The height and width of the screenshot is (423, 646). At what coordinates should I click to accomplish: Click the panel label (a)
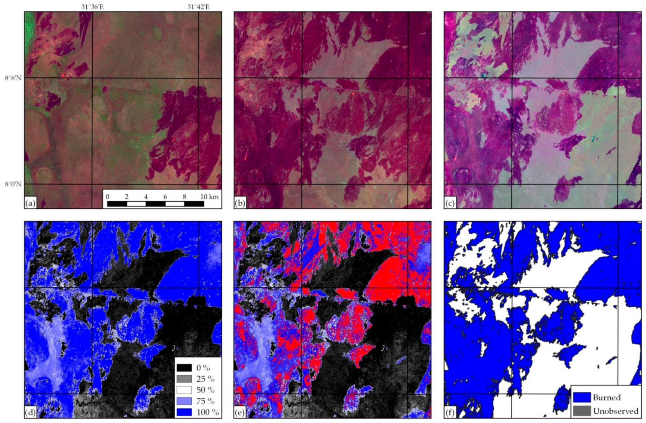coord(30,203)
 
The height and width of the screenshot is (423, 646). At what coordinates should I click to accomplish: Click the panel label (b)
coord(240,203)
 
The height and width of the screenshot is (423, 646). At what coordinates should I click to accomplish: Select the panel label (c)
coord(450,203)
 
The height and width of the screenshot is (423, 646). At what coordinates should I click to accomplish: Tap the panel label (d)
coord(30,413)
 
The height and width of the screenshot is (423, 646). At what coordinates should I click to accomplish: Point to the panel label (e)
coord(240,413)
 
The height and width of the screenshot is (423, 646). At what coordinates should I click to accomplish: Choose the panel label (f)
coord(450,413)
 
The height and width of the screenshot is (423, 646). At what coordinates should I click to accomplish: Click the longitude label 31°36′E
coord(92,7)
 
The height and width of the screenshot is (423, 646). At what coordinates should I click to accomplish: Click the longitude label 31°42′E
coord(198,7)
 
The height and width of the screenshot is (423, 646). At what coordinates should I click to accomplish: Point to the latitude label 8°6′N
coord(13,78)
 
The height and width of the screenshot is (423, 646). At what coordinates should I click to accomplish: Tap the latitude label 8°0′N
coord(13,184)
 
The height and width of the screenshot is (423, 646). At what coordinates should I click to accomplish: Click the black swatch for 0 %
coord(184,368)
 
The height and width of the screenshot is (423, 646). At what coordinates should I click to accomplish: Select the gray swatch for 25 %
coord(184,379)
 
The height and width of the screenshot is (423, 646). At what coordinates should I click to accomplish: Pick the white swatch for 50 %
coord(184,390)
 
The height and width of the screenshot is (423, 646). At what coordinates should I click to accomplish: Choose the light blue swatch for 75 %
coord(184,401)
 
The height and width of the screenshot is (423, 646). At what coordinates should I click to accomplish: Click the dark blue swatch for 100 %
coord(184,412)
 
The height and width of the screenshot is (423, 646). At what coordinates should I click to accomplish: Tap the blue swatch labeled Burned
coord(582,397)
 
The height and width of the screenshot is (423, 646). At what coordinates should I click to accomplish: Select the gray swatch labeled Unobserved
coord(582,411)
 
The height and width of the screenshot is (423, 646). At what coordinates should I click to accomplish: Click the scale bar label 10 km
coord(209,196)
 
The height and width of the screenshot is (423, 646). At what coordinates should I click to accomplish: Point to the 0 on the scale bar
coord(108,196)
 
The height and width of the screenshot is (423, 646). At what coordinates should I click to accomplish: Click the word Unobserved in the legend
coord(615,411)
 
